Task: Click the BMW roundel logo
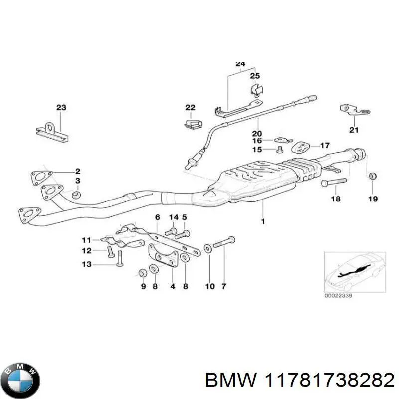pyautogui.click(x=22, y=380)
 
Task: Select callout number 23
pyautogui.click(x=61, y=107)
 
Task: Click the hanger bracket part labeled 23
pyautogui.click(x=52, y=132)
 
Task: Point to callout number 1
pyautogui.click(x=263, y=221)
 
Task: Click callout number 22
pyautogui.click(x=190, y=107)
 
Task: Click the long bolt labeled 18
pyautogui.click(x=334, y=182)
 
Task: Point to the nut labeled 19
pyautogui.click(x=373, y=176)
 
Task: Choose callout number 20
pyautogui.click(x=257, y=133)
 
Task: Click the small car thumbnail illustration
pyautogui.click(x=355, y=272)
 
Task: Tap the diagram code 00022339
pyautogui.click(x=338, y=296)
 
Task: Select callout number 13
pyautogui.click(x=86, y=264)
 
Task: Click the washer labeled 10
pyautogui.click(x=207, y=248)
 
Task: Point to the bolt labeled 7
pyautogui.click(x=224, y=242)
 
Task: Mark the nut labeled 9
pyautogui.click(x=142, y=273)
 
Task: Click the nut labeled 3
pyautogui.click(x=76, y=195)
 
